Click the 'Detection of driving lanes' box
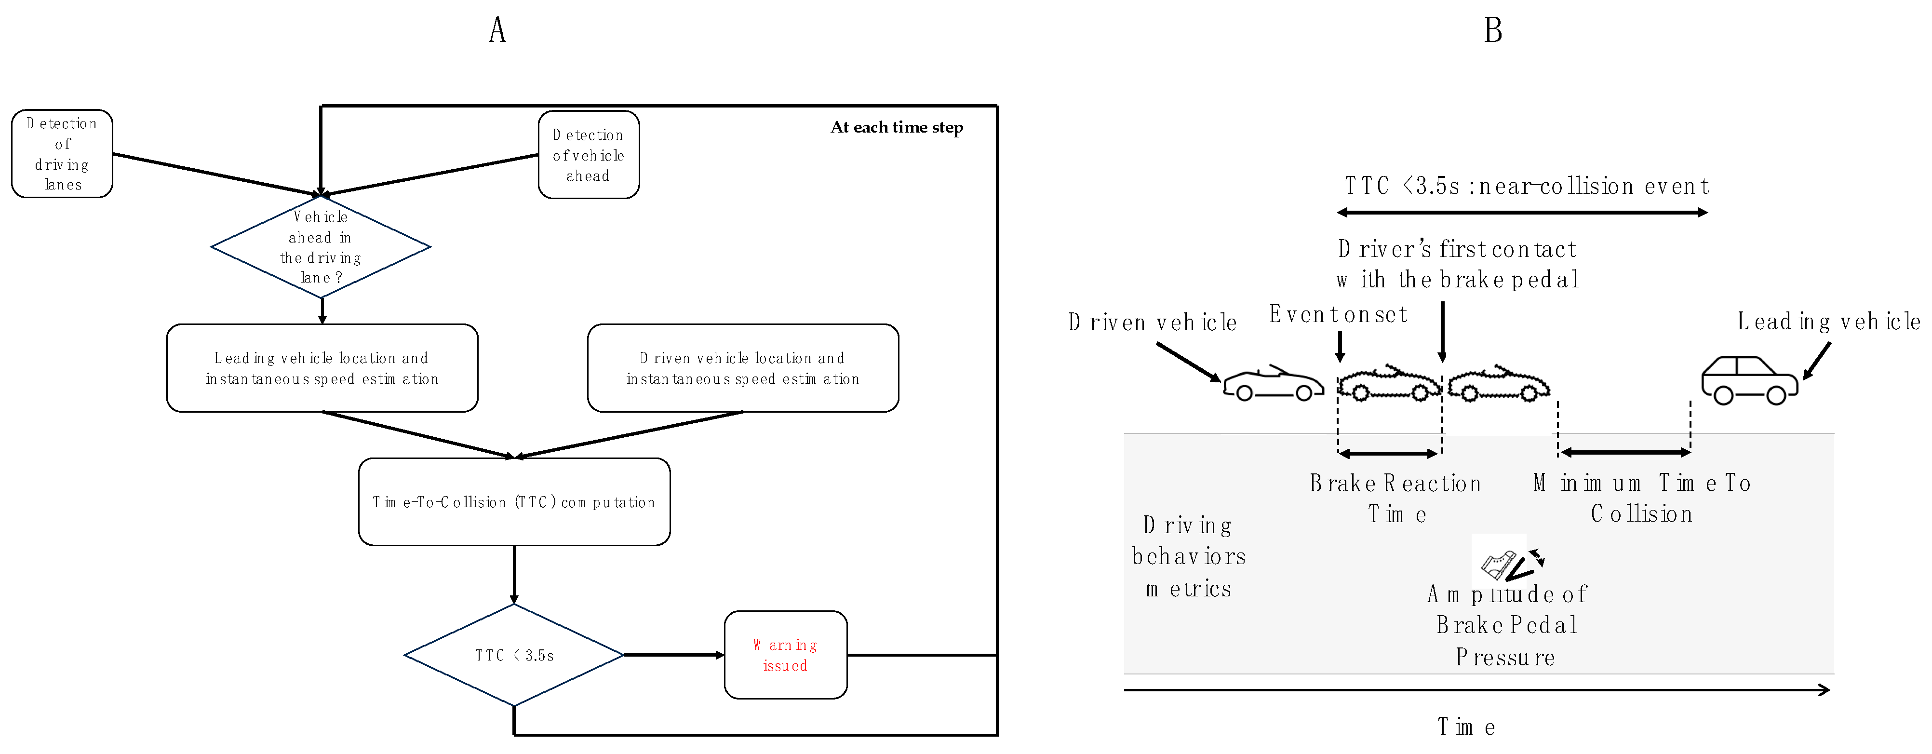point(62,154)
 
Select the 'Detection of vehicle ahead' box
point(589,155)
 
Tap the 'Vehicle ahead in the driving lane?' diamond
point(321,247)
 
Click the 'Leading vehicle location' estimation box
point(322,368)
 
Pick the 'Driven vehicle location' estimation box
point(742,368)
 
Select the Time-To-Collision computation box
point(514,502)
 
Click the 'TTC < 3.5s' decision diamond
point(514,655)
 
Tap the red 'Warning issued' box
point(785,655)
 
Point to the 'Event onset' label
point(1338,314)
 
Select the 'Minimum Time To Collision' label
point(1642,498)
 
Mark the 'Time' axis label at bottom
point(1466,726)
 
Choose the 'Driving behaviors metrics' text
point(1189,557)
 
